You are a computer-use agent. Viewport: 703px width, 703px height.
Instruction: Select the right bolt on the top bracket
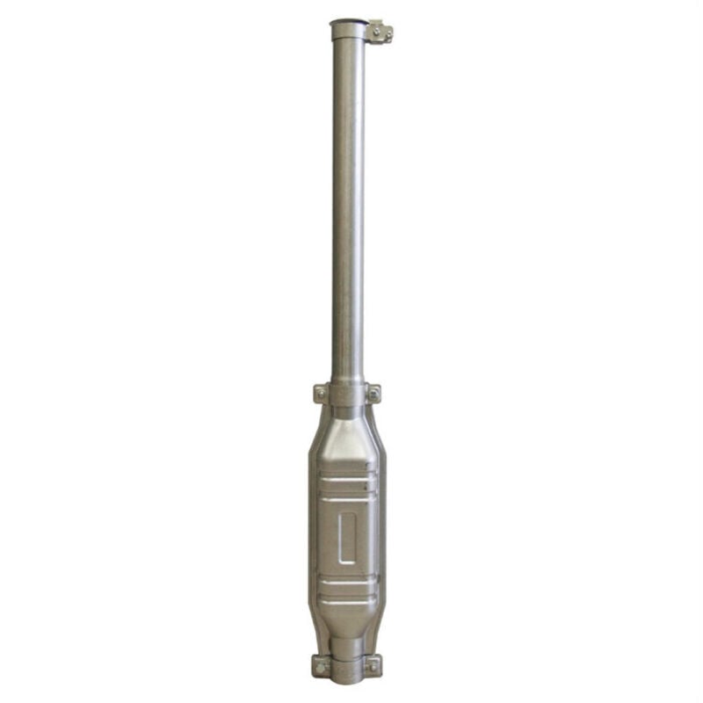386,33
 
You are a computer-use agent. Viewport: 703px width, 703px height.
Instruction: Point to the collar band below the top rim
348,38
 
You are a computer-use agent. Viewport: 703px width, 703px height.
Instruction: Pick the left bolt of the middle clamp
320,393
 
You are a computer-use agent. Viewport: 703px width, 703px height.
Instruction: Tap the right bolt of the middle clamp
375,393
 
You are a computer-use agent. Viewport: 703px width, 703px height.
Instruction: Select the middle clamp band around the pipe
348,393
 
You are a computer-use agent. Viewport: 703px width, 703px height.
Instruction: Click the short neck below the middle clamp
348,414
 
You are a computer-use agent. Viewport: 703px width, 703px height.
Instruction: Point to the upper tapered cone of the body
348,444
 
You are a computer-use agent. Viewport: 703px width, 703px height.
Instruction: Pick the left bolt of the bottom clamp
320,665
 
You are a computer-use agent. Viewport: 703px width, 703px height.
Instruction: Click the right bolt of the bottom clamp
375,665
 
